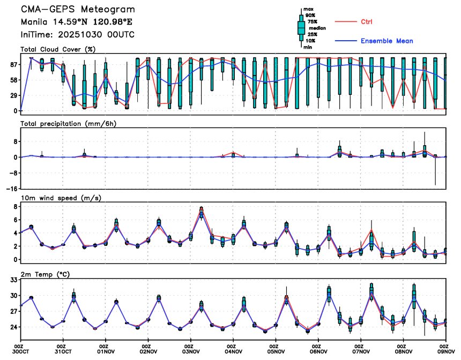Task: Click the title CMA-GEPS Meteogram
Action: tap(78, 10)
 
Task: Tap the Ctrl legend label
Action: tap(367, 21)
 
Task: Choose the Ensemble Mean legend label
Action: tap(386, 41)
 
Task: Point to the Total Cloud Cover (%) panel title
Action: tap(58, 49)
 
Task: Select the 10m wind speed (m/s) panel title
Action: tap(61, 198)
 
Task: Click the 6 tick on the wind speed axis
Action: tap(15, 220)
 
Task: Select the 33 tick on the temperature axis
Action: tap(13, 280)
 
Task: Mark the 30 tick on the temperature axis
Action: tap(13, 295)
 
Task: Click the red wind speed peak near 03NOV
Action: tap(201, 208)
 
